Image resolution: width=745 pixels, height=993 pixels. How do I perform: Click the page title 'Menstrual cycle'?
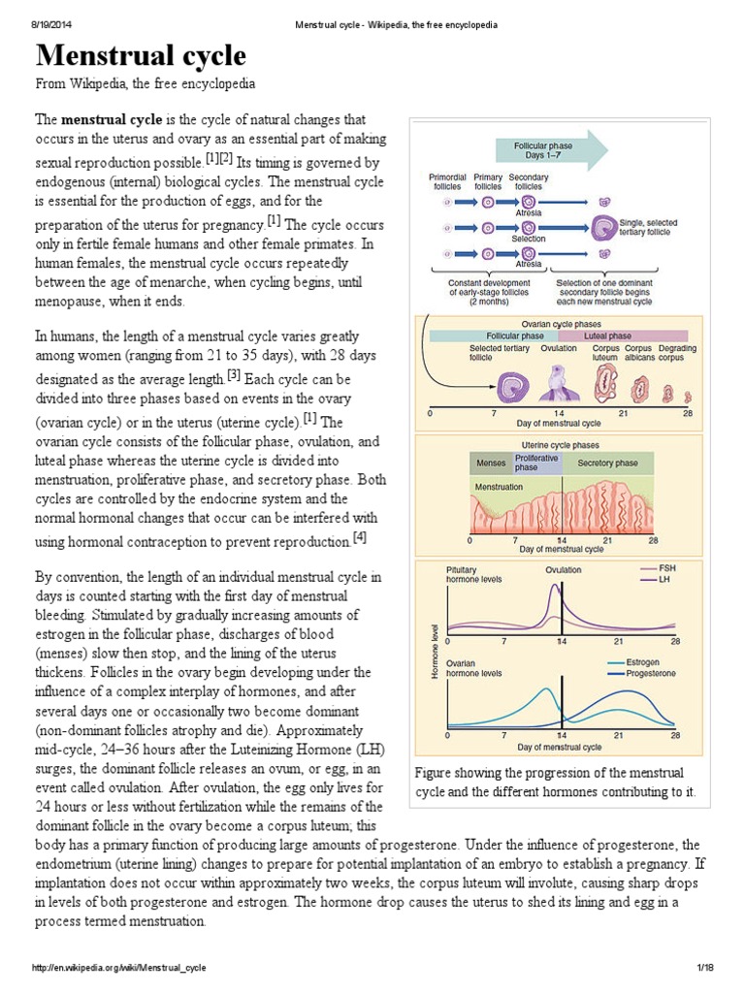pos(142,55)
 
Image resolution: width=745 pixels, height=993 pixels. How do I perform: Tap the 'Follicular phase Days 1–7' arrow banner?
pos(546,149)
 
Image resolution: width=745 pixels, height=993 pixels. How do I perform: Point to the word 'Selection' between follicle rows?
pos(529,239)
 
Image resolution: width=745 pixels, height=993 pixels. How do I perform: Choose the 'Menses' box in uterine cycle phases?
pos(492,464)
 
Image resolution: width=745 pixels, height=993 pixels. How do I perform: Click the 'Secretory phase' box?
pos(607,464)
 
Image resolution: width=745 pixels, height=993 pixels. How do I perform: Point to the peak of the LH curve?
pos(555,585)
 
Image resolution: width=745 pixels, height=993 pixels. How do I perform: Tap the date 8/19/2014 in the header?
pos(46,24)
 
